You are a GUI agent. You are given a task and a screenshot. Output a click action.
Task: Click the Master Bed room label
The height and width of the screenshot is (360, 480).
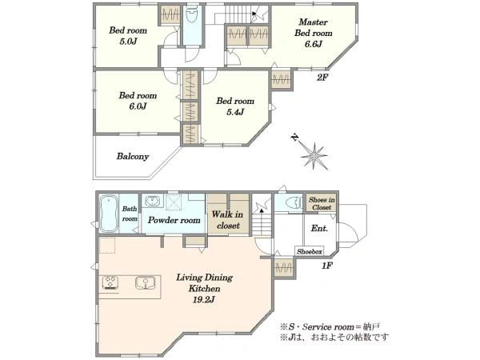pyautogui.click(x=313, y=33)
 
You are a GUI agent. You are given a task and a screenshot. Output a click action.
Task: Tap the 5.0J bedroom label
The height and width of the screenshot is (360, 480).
pyautogui.click(x=128, y=35)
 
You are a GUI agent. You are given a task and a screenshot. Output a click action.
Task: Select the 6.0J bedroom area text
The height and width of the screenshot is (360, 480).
pyautogui.click(x=138, y=101)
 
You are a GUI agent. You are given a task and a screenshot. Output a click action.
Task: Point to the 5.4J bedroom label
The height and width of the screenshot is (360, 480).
pyautogui.click(x=235, y=106)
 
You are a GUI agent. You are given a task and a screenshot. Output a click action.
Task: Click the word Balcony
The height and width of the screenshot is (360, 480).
pyautogui.click(x=133, y=157)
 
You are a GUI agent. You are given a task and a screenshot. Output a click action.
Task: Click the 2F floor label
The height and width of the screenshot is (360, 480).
pyautogui.click(x=322, y=78)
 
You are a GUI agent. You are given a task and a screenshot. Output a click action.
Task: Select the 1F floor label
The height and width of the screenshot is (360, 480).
pyautogui.click(x=326, y=266)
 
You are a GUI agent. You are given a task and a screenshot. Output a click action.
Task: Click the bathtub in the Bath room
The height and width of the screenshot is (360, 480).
pyautogui.click(x=109, y=214)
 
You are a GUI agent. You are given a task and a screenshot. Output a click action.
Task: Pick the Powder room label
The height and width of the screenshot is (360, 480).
pyautogui.click(x=174, y=220)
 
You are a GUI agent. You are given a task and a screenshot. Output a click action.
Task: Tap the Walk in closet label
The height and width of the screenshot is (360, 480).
pyautogui.click(x=228, y=220)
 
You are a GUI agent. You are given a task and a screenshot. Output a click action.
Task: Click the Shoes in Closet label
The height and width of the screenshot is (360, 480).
pyautogui.click(x=322, y=203)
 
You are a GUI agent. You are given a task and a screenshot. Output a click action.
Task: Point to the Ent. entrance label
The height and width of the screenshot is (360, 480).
pyautogui.click(x=319, y=228)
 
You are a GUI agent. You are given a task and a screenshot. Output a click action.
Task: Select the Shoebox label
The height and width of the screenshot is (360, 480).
pyautogui.click(x=309, y=252)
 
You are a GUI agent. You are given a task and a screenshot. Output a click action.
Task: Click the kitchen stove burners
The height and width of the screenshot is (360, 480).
pyautogui.click(x=110, y=282)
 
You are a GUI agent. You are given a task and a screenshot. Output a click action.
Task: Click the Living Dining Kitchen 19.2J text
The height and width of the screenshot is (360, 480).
pyautogui.click(x=204, y=288)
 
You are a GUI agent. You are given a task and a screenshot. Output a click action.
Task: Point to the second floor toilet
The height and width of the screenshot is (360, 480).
pyautogui.click(x=192, y=15)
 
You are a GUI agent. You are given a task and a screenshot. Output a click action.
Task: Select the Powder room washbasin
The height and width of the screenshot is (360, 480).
pyautogui.click(x=152, y=201)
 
